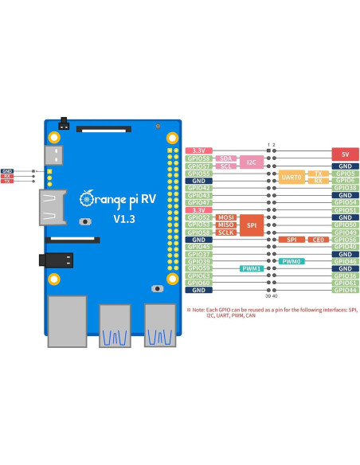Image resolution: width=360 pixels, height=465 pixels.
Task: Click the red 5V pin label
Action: (345, 151)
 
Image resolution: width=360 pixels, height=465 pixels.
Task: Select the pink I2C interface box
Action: (252, 162)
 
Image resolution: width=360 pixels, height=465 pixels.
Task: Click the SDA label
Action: (225, 158)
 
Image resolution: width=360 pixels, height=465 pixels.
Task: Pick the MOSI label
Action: (225, 217)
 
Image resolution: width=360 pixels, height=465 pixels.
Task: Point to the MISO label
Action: (225, 225)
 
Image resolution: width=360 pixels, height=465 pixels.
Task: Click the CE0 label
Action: (318, 240)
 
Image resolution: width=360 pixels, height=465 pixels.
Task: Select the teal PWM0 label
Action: (291, 261)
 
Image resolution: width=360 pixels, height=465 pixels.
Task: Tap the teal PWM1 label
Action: (252, 269)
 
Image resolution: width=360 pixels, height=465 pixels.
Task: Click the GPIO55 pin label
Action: (198, 174)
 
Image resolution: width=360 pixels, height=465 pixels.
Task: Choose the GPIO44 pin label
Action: (345, 291)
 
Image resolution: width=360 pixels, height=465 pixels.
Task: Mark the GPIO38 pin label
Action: (345, 188)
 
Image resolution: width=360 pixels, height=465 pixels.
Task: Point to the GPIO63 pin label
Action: (198, 276)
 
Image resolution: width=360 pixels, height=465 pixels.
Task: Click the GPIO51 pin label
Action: (345, 210)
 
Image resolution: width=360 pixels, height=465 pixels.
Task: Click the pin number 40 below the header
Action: (276, 296)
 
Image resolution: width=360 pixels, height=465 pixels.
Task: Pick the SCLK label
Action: (225, 232)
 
